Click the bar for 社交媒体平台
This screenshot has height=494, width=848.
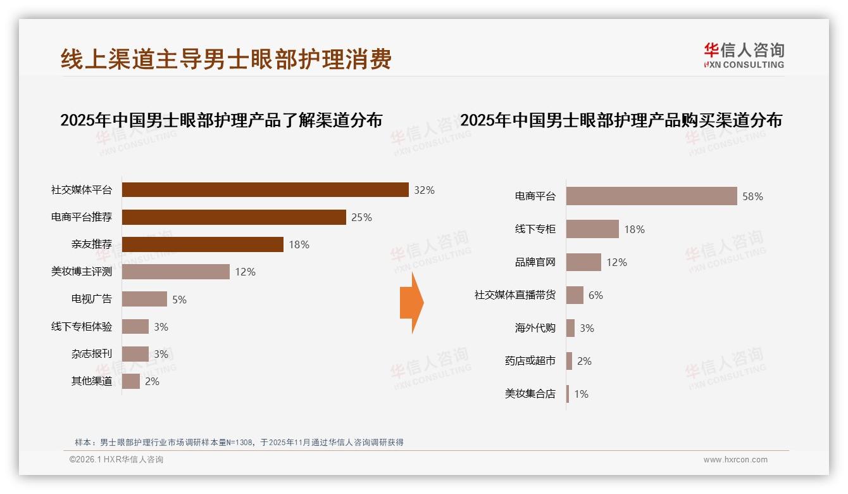(x=265, y=190)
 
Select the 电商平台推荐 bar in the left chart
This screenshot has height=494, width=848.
(x=234, y=217)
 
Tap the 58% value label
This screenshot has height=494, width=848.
(x=752, y=196)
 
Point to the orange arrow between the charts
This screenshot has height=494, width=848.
(x=411, y=303)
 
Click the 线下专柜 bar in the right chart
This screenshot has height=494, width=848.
(x=592, y=229)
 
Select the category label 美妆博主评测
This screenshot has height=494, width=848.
(x=82, y=272)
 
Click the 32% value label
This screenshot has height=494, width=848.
(x=424, y=190)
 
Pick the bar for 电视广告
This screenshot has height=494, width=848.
(x=144, y=299)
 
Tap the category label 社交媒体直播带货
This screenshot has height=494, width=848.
(x=515, y=295)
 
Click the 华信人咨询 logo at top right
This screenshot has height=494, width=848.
(x=744, y=56)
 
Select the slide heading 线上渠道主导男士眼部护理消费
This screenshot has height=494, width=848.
(x=226, y=59)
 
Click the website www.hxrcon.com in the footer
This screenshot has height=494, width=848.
(x=735, y=460)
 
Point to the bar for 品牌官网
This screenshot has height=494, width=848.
(x=583, y=262)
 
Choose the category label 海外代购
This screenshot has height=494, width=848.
(x=535, y=328)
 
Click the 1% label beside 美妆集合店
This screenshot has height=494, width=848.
(x=581, y=394)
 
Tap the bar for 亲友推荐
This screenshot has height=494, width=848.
(x=203, y=244)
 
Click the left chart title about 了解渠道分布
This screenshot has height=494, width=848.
(x=221, y=120)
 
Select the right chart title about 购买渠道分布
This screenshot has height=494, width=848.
(x=621, y=120)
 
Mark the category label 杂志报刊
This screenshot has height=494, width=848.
(x=92, y=353)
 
